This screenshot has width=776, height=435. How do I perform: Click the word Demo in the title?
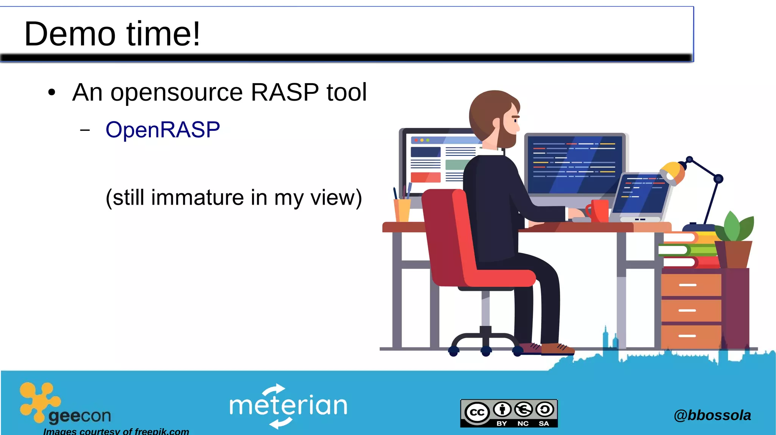coord(70,34)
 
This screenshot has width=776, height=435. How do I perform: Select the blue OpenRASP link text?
coord(163,130)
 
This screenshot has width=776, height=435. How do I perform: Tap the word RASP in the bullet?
coord(285,92)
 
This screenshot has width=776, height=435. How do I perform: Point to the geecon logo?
coord(64,405)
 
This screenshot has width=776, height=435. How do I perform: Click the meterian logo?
coord(288,406)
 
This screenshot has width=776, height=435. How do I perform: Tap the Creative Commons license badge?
coord(509,413)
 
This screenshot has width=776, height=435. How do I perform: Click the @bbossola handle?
coord(712,415)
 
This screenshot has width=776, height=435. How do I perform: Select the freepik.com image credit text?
coord(116,431)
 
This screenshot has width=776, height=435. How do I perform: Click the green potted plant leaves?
coord(735,227)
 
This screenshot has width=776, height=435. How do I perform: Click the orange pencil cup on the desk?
coord(402,210)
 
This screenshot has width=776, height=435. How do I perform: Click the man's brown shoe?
coord(557,348)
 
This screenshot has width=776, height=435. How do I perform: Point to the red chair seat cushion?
coord(500,278)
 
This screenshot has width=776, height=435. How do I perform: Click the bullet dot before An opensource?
coord(52,93)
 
